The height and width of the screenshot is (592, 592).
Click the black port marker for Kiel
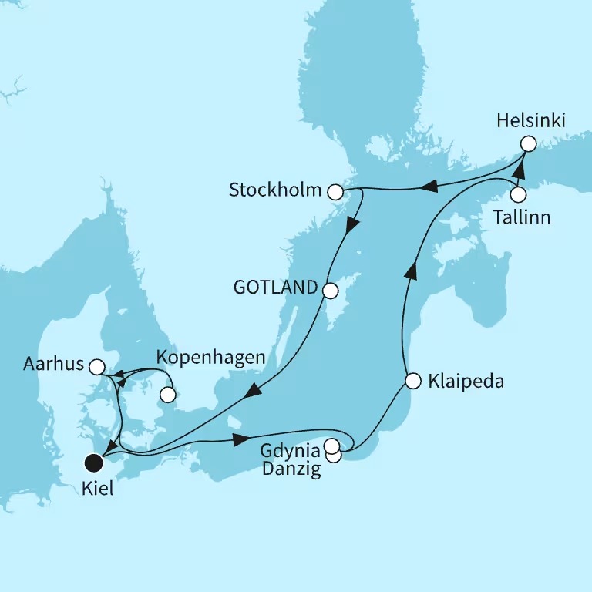click(94, 462)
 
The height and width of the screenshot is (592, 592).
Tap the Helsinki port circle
click(527, 143)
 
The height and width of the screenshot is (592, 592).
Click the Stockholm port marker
click(335, 190)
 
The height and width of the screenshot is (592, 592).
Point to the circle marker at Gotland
click(330, 291)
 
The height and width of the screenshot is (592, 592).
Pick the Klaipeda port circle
click(412, 381)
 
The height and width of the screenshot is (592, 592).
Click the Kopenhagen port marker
click(166, 396)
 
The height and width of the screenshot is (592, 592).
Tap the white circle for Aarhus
click(96, 367)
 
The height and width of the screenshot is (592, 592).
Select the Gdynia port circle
click(331, 446)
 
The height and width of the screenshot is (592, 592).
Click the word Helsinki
click(531, 120)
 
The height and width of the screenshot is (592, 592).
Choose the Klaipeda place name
click(466, 381)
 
